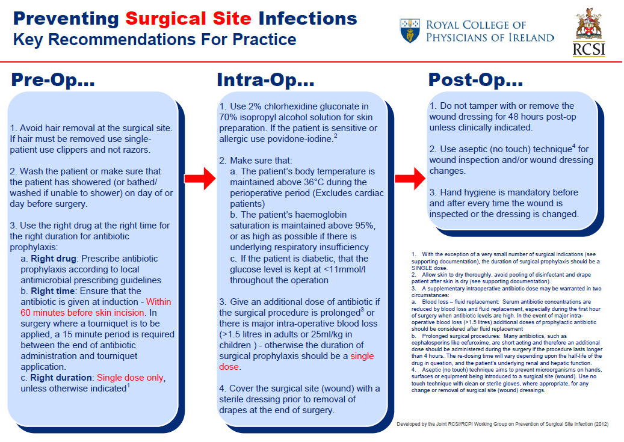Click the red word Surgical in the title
point(165,19)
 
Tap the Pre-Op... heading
point(53,79)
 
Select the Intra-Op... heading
point(265,79)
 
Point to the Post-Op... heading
point(475,79)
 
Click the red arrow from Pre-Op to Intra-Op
point(200,178)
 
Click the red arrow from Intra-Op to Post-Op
point(410,178)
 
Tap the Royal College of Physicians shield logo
point(410,31)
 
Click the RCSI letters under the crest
point(588,50)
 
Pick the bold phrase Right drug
point(54,259)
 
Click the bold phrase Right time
point(52,291)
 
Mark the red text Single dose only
point(130,378)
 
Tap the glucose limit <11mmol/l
point(344,269)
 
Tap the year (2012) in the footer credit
point(601,424)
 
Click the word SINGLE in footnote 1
point(420,268)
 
